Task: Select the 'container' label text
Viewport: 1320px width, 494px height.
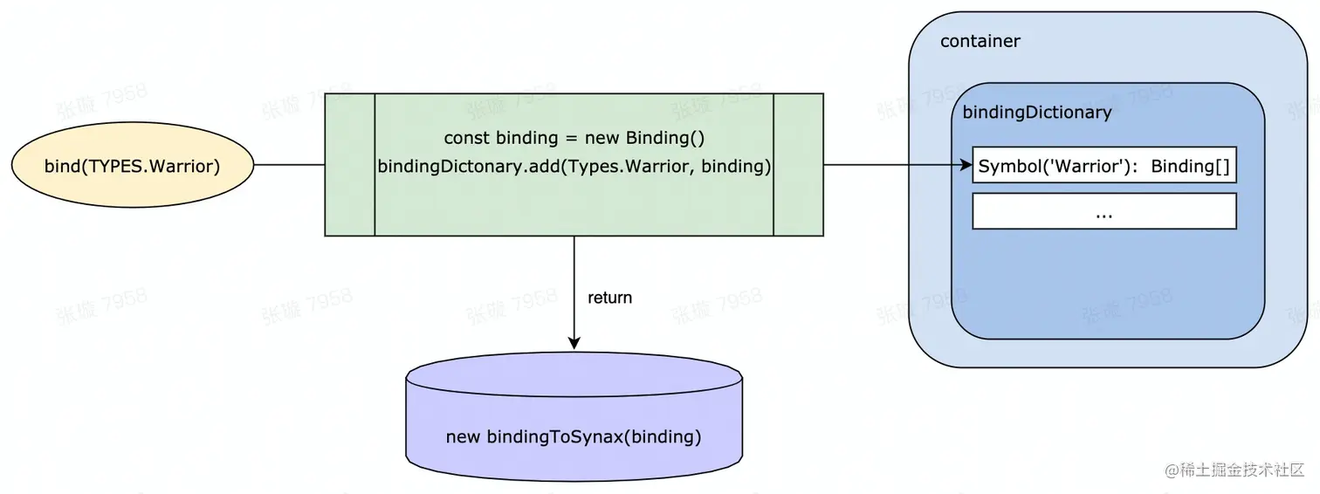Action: click(x=980, y=41)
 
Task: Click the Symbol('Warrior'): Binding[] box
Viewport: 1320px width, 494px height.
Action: click(x=1103, y=166)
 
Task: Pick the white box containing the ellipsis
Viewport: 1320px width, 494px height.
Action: click(x=1103, y=212)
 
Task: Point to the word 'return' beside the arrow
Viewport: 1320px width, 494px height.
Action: click(x=609, y=298)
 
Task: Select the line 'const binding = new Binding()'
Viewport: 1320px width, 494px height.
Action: click(x=574, y=138)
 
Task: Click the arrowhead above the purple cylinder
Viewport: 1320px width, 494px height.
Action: click(x=574, y=344)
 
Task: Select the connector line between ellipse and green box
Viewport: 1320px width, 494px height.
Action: click(x=289, y=165)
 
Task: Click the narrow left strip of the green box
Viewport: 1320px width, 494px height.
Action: click(x=349, y=165)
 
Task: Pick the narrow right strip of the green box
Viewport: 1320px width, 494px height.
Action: click(x=798, y=165)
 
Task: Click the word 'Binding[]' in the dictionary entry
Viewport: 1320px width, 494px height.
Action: click(x=1190, y=166)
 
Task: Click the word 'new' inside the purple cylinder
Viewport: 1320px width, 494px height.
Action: click(x=463, y=437)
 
